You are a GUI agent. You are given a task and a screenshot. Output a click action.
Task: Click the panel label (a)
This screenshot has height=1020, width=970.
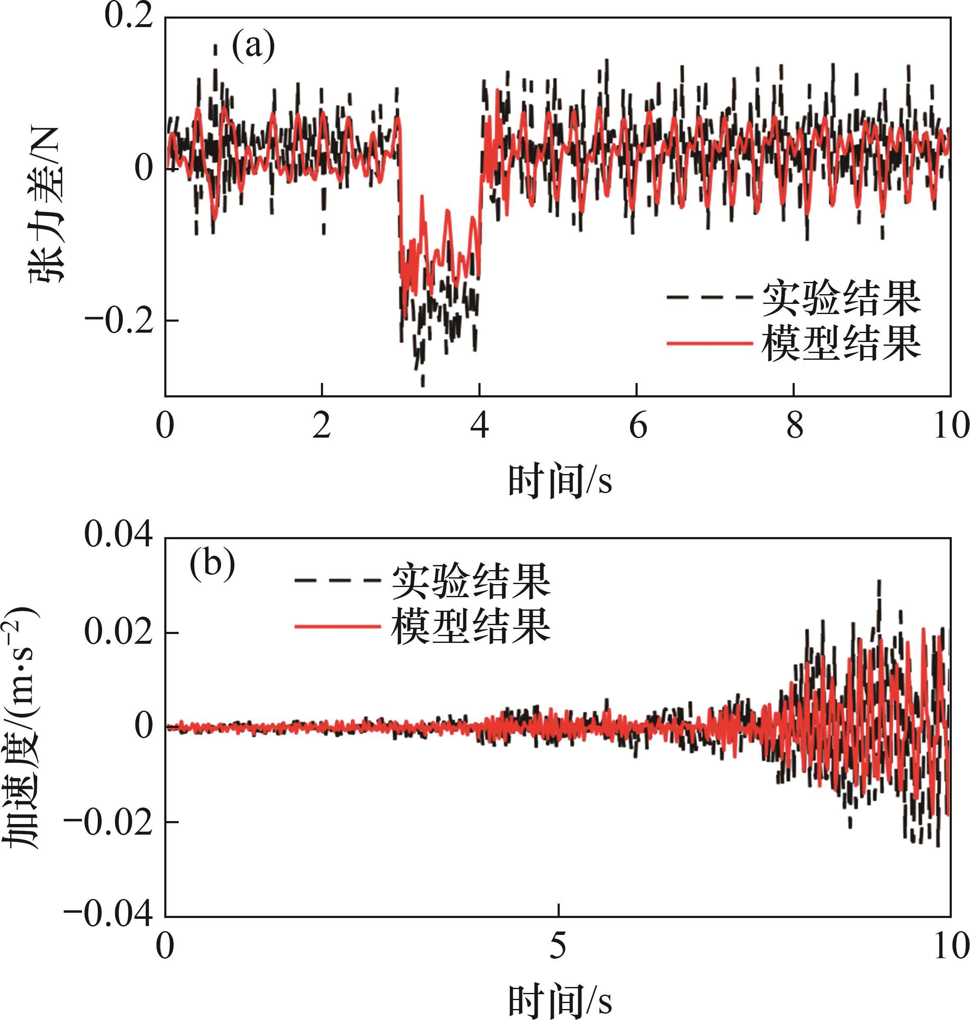click(253, 47)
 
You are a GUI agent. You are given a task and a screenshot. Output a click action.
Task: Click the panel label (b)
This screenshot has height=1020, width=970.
click(213, 565)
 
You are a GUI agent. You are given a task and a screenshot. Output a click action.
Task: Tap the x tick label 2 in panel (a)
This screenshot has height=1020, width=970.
click(322, 427)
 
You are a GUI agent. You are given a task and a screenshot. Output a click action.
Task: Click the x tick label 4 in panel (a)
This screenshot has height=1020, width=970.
click(481, 427)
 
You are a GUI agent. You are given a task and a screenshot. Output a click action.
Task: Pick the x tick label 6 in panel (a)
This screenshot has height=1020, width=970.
click(638, 427)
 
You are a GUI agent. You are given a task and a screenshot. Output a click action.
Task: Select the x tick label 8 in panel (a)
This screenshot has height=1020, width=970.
click(795, 427)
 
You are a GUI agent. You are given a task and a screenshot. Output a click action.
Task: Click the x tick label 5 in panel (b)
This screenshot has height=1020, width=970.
click(558, 947)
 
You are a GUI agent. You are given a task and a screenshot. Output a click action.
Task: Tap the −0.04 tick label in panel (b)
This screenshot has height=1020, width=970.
click(108, 915)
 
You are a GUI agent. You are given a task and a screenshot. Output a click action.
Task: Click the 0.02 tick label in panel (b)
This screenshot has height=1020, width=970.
click(119, 633)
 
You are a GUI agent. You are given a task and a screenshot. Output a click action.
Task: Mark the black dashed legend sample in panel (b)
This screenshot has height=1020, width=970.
click(337, 581)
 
